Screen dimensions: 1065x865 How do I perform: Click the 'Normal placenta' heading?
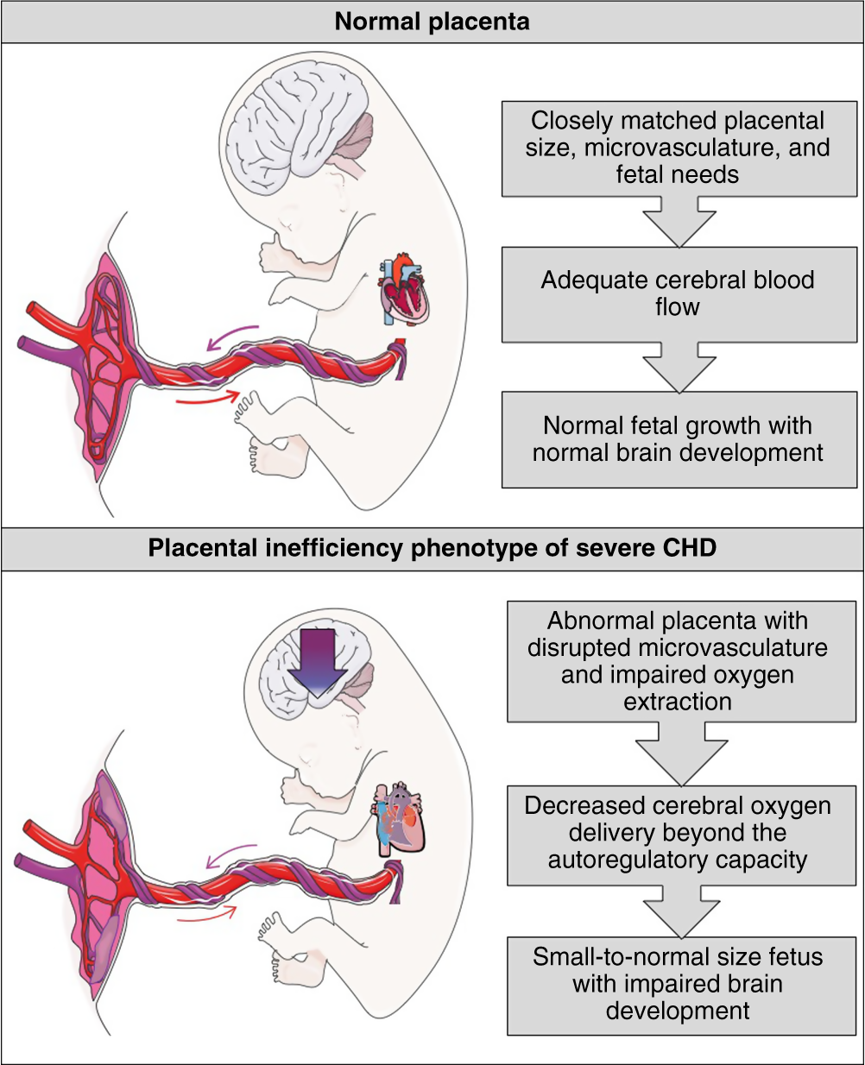tap(432, 22)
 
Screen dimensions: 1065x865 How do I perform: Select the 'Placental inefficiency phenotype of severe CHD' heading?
tap(432, 549)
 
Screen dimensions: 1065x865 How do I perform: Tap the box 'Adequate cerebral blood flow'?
tap(677, 293)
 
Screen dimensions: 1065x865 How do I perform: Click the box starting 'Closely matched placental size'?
tap(677, 148)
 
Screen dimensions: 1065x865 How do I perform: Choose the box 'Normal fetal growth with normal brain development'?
tap(677, 439)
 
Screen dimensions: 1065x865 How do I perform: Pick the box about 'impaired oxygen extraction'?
tap(677, 661)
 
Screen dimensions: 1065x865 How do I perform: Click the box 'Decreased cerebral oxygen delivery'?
tap(677, 833)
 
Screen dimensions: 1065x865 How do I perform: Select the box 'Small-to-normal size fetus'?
tap(677, 984)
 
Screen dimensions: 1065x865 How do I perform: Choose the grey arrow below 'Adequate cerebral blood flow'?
tap(677, 367)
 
